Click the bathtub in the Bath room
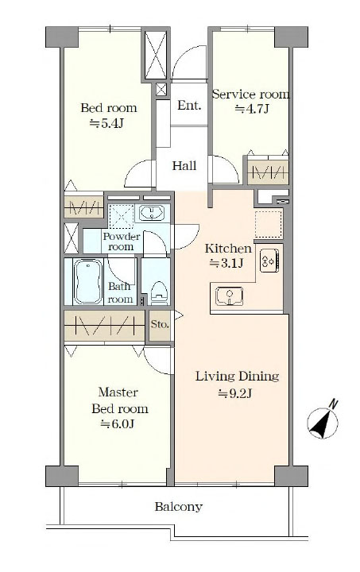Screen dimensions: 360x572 (87, 281)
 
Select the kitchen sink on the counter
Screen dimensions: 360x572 (229, 296)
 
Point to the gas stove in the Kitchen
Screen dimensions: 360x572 (269, 260)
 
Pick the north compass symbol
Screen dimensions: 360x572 (323, 420)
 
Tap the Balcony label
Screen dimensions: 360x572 (178, 507)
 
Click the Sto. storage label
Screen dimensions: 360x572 (160, 324)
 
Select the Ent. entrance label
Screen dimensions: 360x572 (189, 106)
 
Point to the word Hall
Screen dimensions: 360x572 (184, 166)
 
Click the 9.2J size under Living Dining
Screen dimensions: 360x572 (235, 393)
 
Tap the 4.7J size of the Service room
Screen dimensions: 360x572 (252, 109)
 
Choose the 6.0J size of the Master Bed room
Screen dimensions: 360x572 (118, 424)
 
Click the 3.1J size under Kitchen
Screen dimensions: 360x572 (226, 263)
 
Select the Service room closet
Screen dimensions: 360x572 (268, 172)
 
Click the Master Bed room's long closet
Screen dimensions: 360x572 (105, 326)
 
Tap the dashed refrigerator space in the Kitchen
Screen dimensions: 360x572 (269, 224)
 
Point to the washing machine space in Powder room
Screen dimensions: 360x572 (122, 217)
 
